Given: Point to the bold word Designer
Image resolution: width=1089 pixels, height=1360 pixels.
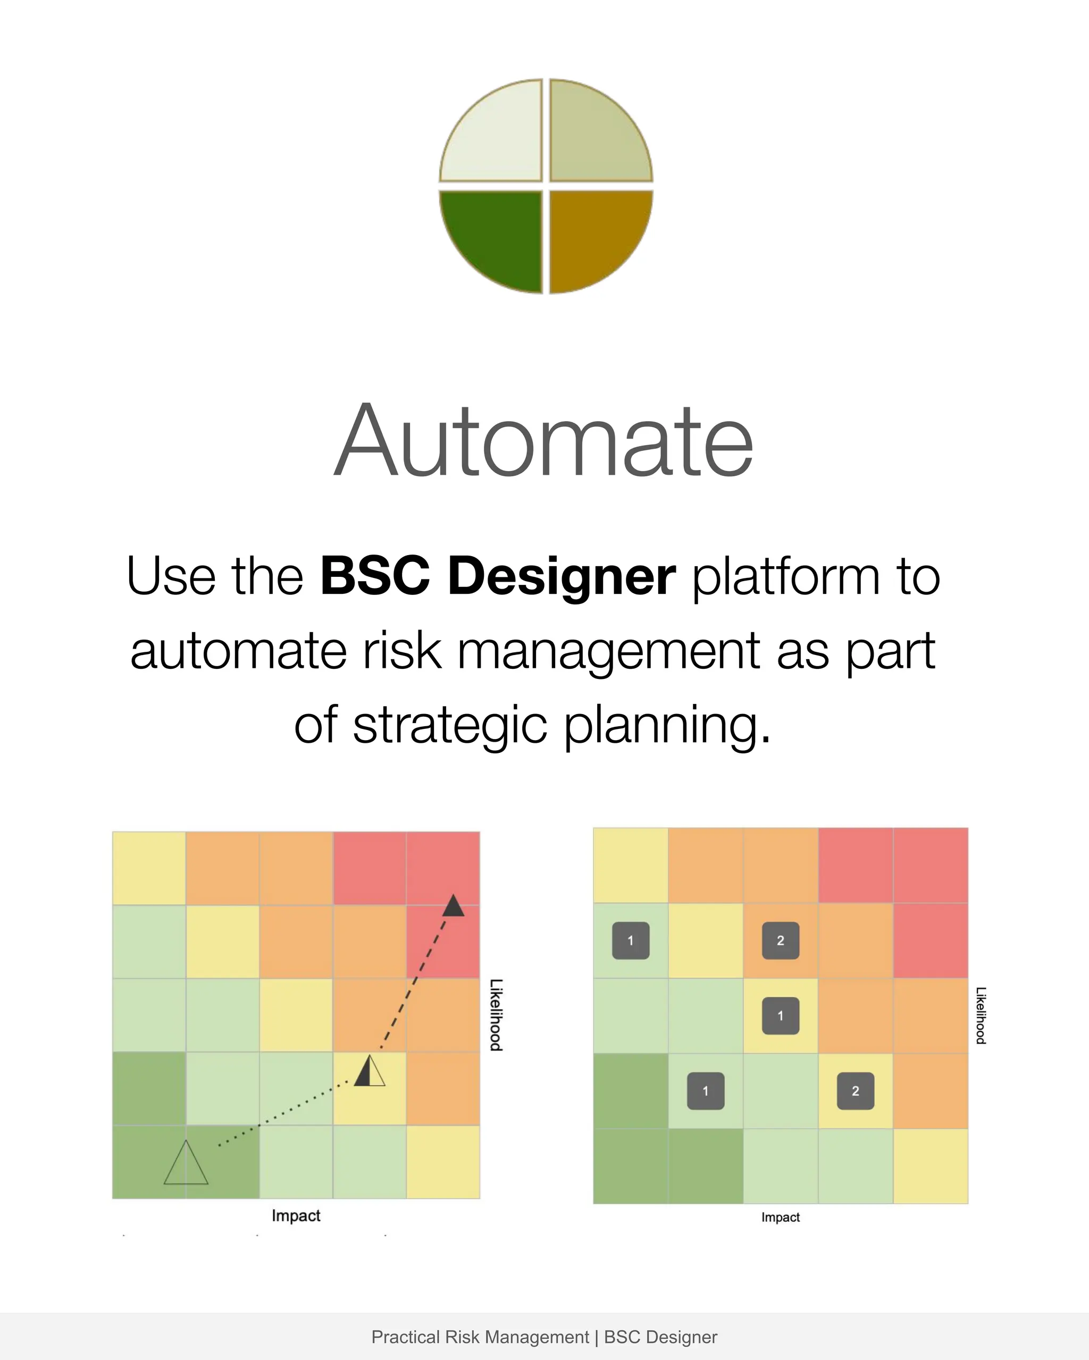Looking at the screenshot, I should [x=562, y=576].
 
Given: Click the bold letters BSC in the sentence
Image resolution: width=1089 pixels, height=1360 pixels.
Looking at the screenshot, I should [x=375, y=576].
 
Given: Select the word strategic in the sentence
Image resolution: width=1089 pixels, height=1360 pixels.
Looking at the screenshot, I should [x=450, y=725].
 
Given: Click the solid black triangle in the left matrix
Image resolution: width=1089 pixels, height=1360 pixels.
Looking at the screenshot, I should [x=453, y=906].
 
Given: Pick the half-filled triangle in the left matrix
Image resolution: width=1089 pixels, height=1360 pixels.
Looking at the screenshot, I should [x=369, y=1071].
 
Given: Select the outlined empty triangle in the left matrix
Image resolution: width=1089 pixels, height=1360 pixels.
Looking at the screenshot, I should [x=186, y=1164].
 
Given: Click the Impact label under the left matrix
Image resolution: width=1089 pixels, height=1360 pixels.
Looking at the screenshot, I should [x=296, y=1215].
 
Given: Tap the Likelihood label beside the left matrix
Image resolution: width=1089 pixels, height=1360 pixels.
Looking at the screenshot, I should [x=497, y=1015].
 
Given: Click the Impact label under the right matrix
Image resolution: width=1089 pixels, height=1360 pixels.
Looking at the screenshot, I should [x=781, y=1218].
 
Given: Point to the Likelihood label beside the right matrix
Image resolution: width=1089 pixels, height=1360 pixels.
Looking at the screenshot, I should [x=981, y=1015].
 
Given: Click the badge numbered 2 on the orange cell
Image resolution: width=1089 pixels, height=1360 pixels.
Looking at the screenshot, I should [x=781, y=941].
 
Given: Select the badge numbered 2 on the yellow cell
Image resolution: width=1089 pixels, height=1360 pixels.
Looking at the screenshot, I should [x=856, y=1090].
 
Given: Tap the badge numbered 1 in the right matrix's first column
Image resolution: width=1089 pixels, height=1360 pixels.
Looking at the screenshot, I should [x=630, y=941].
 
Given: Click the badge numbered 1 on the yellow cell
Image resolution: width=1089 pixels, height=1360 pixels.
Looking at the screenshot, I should [x=781, y=1015].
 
